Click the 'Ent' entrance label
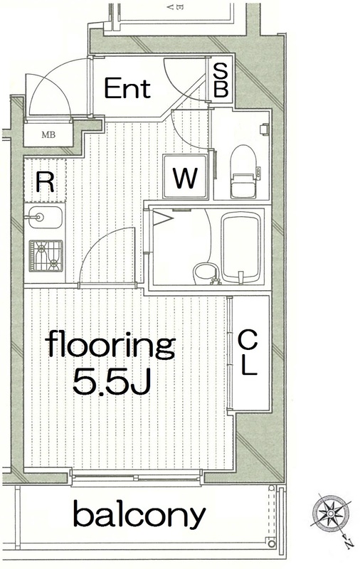(127, 88)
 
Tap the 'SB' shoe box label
(221, 80)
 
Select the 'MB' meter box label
(48, 135)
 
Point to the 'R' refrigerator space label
(45, 182)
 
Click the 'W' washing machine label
(185, 179)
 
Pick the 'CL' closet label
(248, 353)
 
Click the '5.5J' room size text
(112, 382)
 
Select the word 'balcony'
(139, 514)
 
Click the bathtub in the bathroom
(241, 248)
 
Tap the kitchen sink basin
(45, 218)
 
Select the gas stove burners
(46, 256)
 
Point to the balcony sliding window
(136, 477)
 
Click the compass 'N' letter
(348, 544)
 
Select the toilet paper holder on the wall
(265, 129)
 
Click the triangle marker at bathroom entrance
(162, 219)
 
